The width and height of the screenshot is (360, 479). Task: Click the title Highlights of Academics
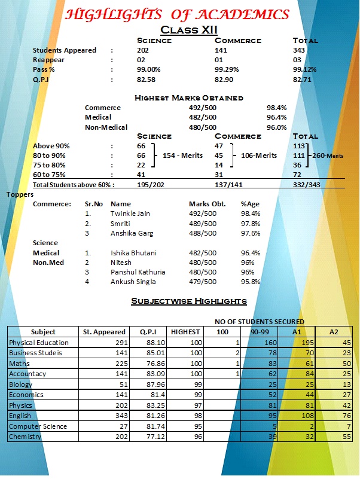pyautogui.click(x=176, y=14)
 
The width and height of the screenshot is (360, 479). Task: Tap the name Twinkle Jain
pyautogui.click(x=131, y=213)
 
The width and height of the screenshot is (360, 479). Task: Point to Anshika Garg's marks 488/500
pyautogui.click(x=202, y=233)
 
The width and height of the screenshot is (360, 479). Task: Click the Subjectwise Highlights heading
pyautogui.click(x=189, y=301)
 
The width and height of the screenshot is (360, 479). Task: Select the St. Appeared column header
pyautogui.click(x=103, y=332)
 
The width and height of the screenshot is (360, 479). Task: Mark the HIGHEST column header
pyautogui.click(x=185, y=332)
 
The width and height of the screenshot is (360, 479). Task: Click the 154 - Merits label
pyautogui.click(x=182, y=156)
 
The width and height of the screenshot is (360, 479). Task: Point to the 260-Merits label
pyautogui.click(x=329, y=156)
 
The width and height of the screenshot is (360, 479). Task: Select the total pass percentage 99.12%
pyautogui.click(x=305, y=69)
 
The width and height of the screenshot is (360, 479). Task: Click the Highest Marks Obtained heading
pyautogui.click(x=189, y=98)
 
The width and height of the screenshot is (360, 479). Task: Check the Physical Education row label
pyautogui.click(x=38, y=343)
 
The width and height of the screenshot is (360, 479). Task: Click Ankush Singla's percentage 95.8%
pyautogui.click(x=251, y=282)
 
